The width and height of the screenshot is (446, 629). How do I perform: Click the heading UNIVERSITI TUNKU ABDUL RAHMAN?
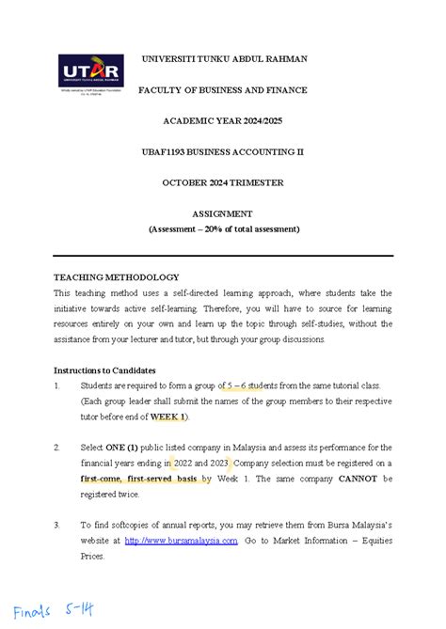tap(223, 58)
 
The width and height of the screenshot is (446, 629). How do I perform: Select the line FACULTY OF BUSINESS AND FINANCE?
tap(223, 89)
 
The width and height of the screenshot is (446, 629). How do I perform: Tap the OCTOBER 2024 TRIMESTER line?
tap(223, 182)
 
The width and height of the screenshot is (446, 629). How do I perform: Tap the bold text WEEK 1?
tap(170, 417)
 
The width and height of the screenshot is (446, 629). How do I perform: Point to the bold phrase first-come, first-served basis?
tap(137, 478)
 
